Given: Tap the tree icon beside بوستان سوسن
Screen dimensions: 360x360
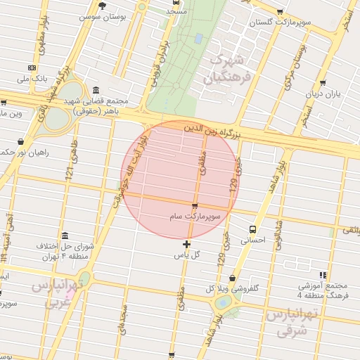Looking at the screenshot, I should point(102,6).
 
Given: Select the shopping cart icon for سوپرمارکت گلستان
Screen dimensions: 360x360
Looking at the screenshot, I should point(281,12).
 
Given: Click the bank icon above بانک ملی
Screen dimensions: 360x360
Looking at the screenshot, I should point(30,67).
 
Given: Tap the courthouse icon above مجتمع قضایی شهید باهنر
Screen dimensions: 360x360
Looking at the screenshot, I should point(95,89).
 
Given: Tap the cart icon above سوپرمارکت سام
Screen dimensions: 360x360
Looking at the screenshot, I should point(195,206).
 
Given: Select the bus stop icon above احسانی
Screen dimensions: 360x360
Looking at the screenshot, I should point(253,229).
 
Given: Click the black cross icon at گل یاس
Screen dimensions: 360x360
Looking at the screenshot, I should point(186,244).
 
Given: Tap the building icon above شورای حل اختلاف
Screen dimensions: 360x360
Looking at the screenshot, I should point(65,236).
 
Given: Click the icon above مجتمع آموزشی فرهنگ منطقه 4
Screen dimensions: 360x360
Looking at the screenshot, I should point(323,275).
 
